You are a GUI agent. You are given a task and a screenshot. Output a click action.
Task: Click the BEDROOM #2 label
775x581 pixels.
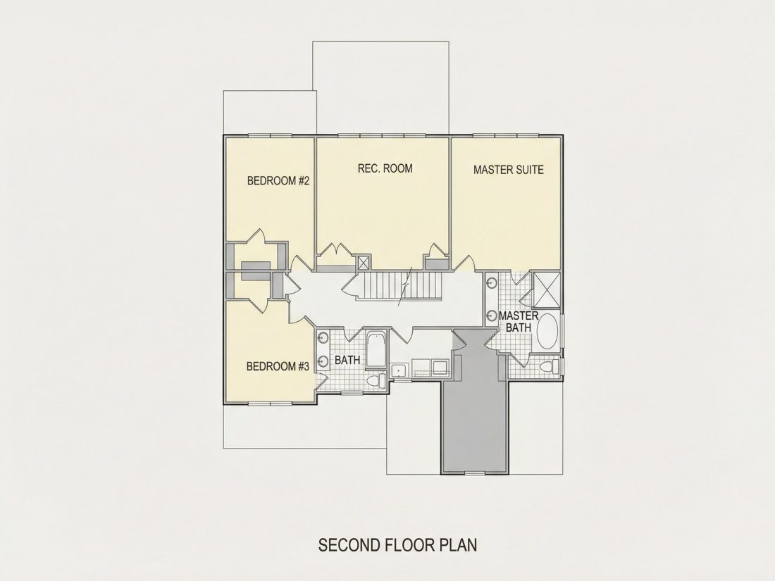coord(278,181)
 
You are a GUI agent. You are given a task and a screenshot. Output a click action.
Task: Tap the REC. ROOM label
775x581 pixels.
coord(385,168)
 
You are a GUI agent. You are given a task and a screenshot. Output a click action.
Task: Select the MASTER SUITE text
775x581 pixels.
coord(508,170)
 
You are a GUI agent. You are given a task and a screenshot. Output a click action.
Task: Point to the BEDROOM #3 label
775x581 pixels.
coord(278,367)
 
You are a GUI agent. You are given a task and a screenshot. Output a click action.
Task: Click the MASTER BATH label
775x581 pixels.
coord(519,322)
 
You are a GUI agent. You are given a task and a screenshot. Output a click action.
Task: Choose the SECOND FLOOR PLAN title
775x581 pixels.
coord(398,545)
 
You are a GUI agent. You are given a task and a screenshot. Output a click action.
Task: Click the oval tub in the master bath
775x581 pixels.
coord(547,330)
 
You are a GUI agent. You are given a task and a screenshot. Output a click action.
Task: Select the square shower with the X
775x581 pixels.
coord(547,290)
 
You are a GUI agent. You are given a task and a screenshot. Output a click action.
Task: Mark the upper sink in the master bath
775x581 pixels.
coord(492,283)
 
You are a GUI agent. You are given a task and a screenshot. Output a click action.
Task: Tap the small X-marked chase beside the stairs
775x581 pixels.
coord(364,262)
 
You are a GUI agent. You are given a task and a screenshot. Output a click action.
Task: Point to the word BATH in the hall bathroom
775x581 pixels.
coord(347,360)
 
